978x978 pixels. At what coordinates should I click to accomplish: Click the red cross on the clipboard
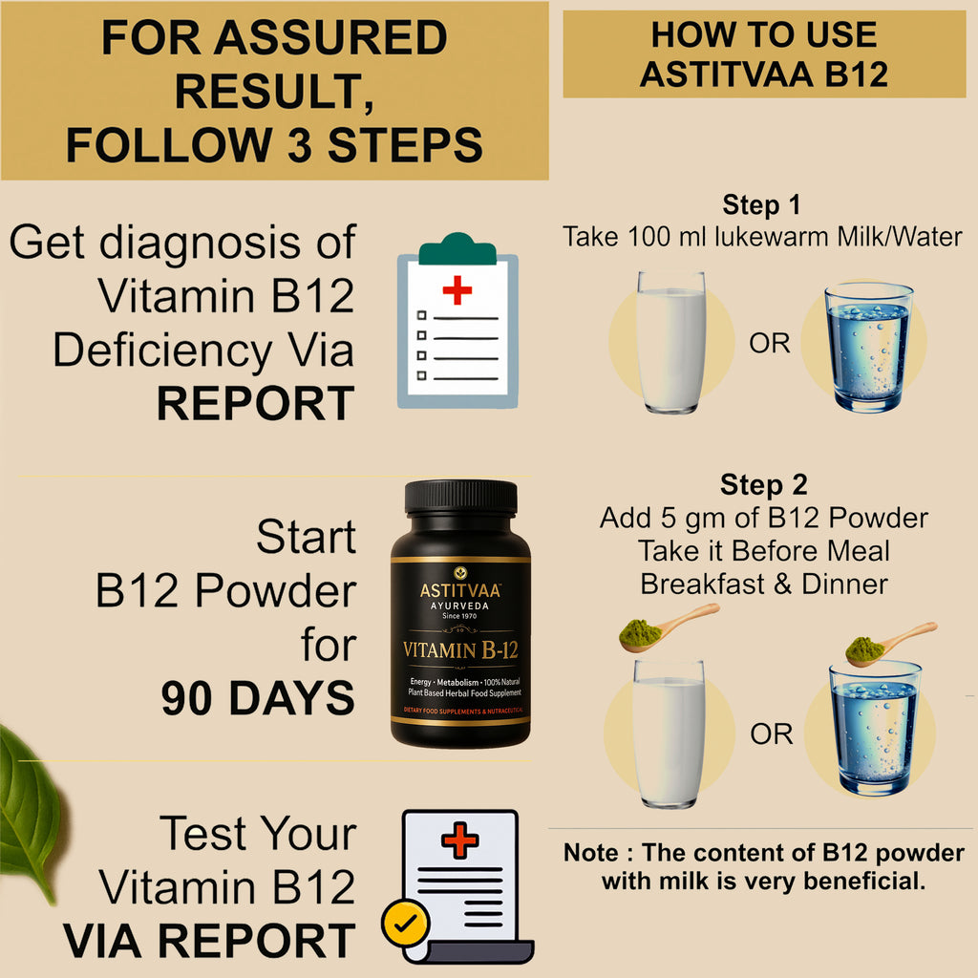[457, 288]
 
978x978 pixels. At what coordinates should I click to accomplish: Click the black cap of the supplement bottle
[460, 498]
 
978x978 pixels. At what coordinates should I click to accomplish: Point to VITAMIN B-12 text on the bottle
[460, 651]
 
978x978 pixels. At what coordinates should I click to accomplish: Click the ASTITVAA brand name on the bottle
[460, 591]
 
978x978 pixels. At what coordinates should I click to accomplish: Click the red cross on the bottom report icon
[459, 840]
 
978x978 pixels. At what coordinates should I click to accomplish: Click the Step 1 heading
[761, 204]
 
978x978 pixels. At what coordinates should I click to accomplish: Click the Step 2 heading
[763, 485]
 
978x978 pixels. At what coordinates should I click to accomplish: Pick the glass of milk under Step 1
[671, 342]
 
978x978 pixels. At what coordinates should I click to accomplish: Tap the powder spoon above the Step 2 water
[890, 642]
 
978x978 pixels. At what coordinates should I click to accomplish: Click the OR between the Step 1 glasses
[770, 344]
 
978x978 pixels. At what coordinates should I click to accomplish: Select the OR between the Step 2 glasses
[771, 733]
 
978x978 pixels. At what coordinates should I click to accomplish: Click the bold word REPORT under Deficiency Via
[255, 404]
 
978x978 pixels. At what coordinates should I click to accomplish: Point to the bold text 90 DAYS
[258, 699]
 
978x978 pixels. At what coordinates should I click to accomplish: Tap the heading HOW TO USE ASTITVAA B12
[763, 54]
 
